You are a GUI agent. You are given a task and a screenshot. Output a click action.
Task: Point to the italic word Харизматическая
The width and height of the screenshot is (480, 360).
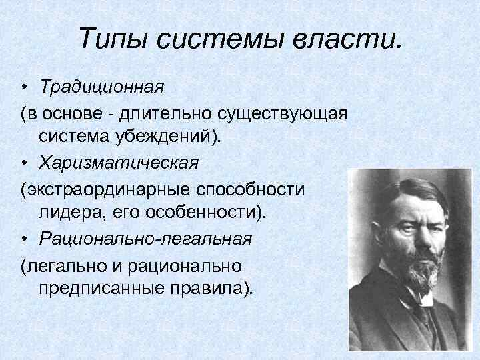(x=119, y=163)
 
